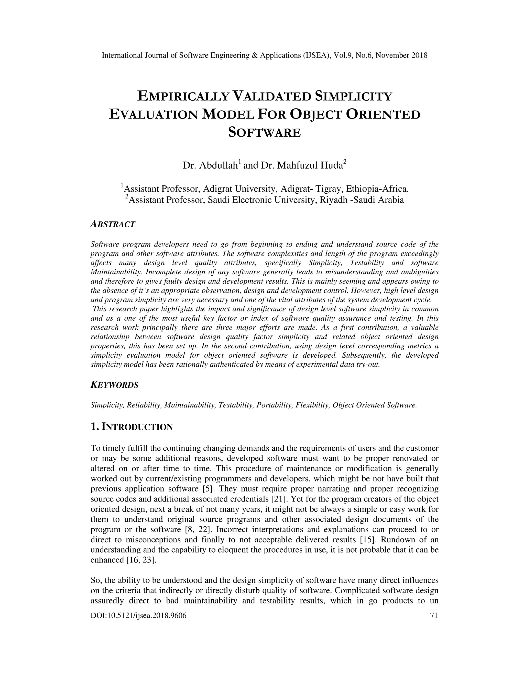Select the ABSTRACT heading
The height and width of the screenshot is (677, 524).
point(113,224)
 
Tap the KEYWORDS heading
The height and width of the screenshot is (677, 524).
point(114,385)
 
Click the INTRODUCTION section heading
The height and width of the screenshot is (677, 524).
point(132,427)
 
